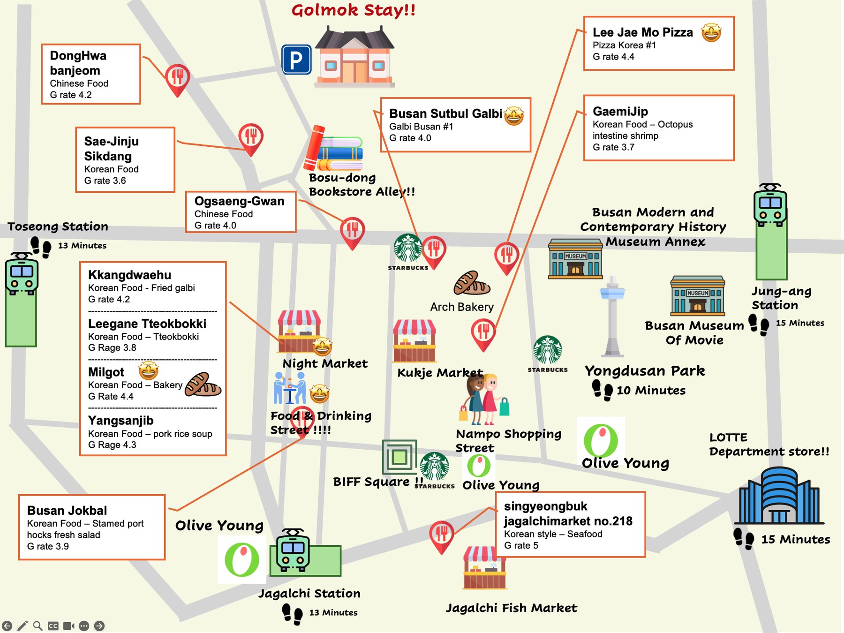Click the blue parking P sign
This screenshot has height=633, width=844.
pos(296,60)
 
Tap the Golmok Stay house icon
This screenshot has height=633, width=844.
pos(355,57)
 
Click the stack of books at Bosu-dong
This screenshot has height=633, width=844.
pos(334,149)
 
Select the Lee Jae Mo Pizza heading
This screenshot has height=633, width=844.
pos(642,32)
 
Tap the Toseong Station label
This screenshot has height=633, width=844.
pos(58,226)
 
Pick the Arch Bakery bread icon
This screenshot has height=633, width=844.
pos(472,283)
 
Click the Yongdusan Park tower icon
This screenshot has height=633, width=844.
pos(612,316)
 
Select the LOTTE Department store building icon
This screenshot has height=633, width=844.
pos(779,496)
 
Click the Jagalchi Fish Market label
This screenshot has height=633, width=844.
pos(511,608)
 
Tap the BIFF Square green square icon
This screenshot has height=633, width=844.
pos(399,457)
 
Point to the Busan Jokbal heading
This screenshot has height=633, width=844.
pos(67,510)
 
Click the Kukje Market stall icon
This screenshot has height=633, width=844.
pos(414,341)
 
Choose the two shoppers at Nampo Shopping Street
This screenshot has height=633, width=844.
pos(484,399)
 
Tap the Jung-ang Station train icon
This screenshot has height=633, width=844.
pos(770,205)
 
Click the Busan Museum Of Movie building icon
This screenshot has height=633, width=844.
pos(698,296)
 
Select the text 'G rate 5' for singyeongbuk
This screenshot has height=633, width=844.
pos(521,545)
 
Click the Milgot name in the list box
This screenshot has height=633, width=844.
pos(106,372)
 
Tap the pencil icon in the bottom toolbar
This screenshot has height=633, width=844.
pos(22,625)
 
